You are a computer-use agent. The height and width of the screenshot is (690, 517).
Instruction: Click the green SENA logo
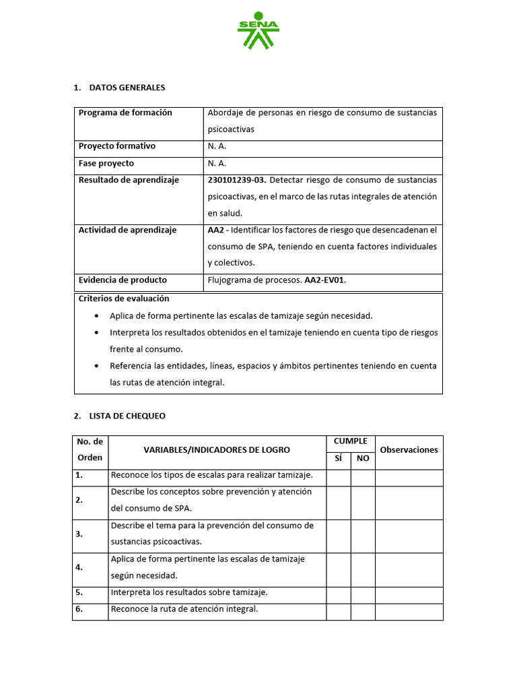point(258,30)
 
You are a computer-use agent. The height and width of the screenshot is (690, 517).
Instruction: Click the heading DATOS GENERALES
point(127,88)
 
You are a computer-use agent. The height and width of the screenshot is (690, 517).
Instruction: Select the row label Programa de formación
point(125,113)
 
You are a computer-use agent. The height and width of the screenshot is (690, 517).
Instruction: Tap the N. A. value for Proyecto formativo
point(217,146)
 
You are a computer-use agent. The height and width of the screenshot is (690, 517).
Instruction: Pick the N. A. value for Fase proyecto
point(217,163)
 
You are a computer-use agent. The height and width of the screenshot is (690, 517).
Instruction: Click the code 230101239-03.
point(237,180)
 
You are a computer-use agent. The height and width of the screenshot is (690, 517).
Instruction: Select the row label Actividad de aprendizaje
point(127,230)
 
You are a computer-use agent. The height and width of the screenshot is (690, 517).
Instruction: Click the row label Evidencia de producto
point(123,280)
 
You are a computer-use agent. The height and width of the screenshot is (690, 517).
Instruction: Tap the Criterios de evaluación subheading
point(124,299)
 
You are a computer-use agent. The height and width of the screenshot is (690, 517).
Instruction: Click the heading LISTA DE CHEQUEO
point(127,416)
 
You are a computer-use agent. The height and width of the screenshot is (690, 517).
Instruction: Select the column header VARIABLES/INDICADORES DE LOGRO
point(217,450)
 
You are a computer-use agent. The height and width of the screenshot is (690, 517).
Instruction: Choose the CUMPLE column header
point(350,441)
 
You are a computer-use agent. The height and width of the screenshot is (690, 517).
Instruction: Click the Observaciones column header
point(409,450)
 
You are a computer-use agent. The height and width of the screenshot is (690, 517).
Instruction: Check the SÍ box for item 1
point(338,478)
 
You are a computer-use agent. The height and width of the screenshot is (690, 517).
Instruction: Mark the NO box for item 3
point(363,536)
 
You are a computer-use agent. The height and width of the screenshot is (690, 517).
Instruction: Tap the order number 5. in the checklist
point(79,593)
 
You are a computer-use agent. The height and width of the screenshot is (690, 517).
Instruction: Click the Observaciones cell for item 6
point(409,611)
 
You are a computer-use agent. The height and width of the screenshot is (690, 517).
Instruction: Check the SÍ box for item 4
point(338,569)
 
